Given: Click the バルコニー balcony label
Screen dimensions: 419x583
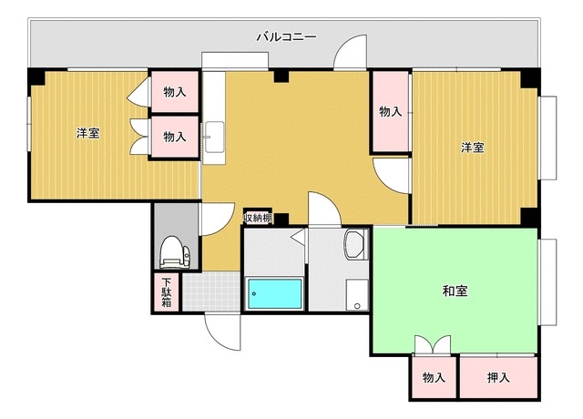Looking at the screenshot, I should tap(285, 37).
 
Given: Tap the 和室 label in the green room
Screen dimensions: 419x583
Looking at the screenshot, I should tap(455, 291).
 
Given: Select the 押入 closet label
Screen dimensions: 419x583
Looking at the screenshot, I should tap(497, 377).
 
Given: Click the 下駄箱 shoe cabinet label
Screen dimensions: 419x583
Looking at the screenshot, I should tap(167, 292).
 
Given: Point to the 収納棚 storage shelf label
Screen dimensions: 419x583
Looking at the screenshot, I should tap(258, 219).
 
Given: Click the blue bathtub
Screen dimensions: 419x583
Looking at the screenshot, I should tap(274, 293).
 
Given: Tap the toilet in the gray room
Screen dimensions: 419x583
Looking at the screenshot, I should tap(172, 250).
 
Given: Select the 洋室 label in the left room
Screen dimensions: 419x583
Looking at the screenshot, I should tap(87, 134).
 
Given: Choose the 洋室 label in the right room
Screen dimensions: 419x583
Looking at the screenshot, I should tap(471, 147).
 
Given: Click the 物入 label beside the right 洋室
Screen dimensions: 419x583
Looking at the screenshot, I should tap(391, 111).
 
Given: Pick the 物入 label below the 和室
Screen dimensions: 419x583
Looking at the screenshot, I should tap(433, 377).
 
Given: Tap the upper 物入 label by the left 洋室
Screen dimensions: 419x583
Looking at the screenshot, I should tap(175, 92).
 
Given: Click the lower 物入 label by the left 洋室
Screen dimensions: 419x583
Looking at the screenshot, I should tap(175, 137).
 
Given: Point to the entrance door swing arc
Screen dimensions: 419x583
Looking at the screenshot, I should tap(220, 330).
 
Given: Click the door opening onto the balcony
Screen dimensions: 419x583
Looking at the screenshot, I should tap(351, 56).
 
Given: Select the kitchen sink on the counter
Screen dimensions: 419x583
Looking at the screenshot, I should tap(214, 137).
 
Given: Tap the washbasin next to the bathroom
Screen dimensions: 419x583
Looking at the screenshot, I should tap(354, 243).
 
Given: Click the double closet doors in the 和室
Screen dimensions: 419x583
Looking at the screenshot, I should tap(432, 345).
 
